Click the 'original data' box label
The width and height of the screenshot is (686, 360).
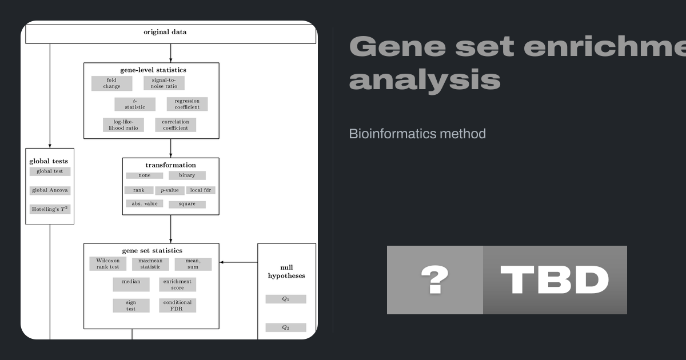(x=165, y=32)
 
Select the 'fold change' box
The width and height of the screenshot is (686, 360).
(x=111, y=83)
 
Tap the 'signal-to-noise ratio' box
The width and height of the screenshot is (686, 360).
(x=164, y=83)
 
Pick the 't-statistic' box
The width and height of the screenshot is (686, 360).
(x=135, y=104)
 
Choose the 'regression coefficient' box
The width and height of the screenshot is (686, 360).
(x=187, y=104)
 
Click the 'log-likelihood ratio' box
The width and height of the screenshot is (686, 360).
(x=123, y=125)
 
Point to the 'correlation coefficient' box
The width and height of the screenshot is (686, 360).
(x=176, y=125)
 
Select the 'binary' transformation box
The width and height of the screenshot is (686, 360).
(x=187, y=175)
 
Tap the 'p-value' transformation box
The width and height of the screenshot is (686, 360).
(x=170, y=190)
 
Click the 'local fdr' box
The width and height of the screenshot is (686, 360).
(x=201, y=190)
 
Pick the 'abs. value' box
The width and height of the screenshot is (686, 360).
(x=145, y=203)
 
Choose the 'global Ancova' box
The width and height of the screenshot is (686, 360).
(x=50, y=191)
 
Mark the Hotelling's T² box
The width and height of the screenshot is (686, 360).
(x=50, y=209)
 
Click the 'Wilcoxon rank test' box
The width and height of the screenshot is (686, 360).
(x=107, y=264)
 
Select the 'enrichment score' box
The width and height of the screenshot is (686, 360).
(x=177, y=285)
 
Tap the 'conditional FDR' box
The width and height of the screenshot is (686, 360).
(x=177, y=306)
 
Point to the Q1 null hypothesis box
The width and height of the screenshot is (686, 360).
(x=286, y=299)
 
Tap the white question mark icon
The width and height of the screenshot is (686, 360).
(x=434, y=280)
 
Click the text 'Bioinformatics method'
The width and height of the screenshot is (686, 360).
(x=417, y=134)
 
